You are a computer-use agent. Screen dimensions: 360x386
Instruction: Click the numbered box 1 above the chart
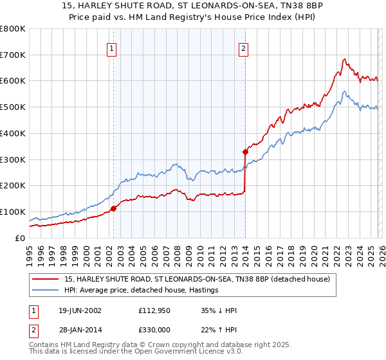112,48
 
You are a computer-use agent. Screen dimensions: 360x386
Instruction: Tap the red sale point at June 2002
113,208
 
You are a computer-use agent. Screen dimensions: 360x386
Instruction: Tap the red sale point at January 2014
245,152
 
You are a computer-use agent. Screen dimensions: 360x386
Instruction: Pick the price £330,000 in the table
155,330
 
